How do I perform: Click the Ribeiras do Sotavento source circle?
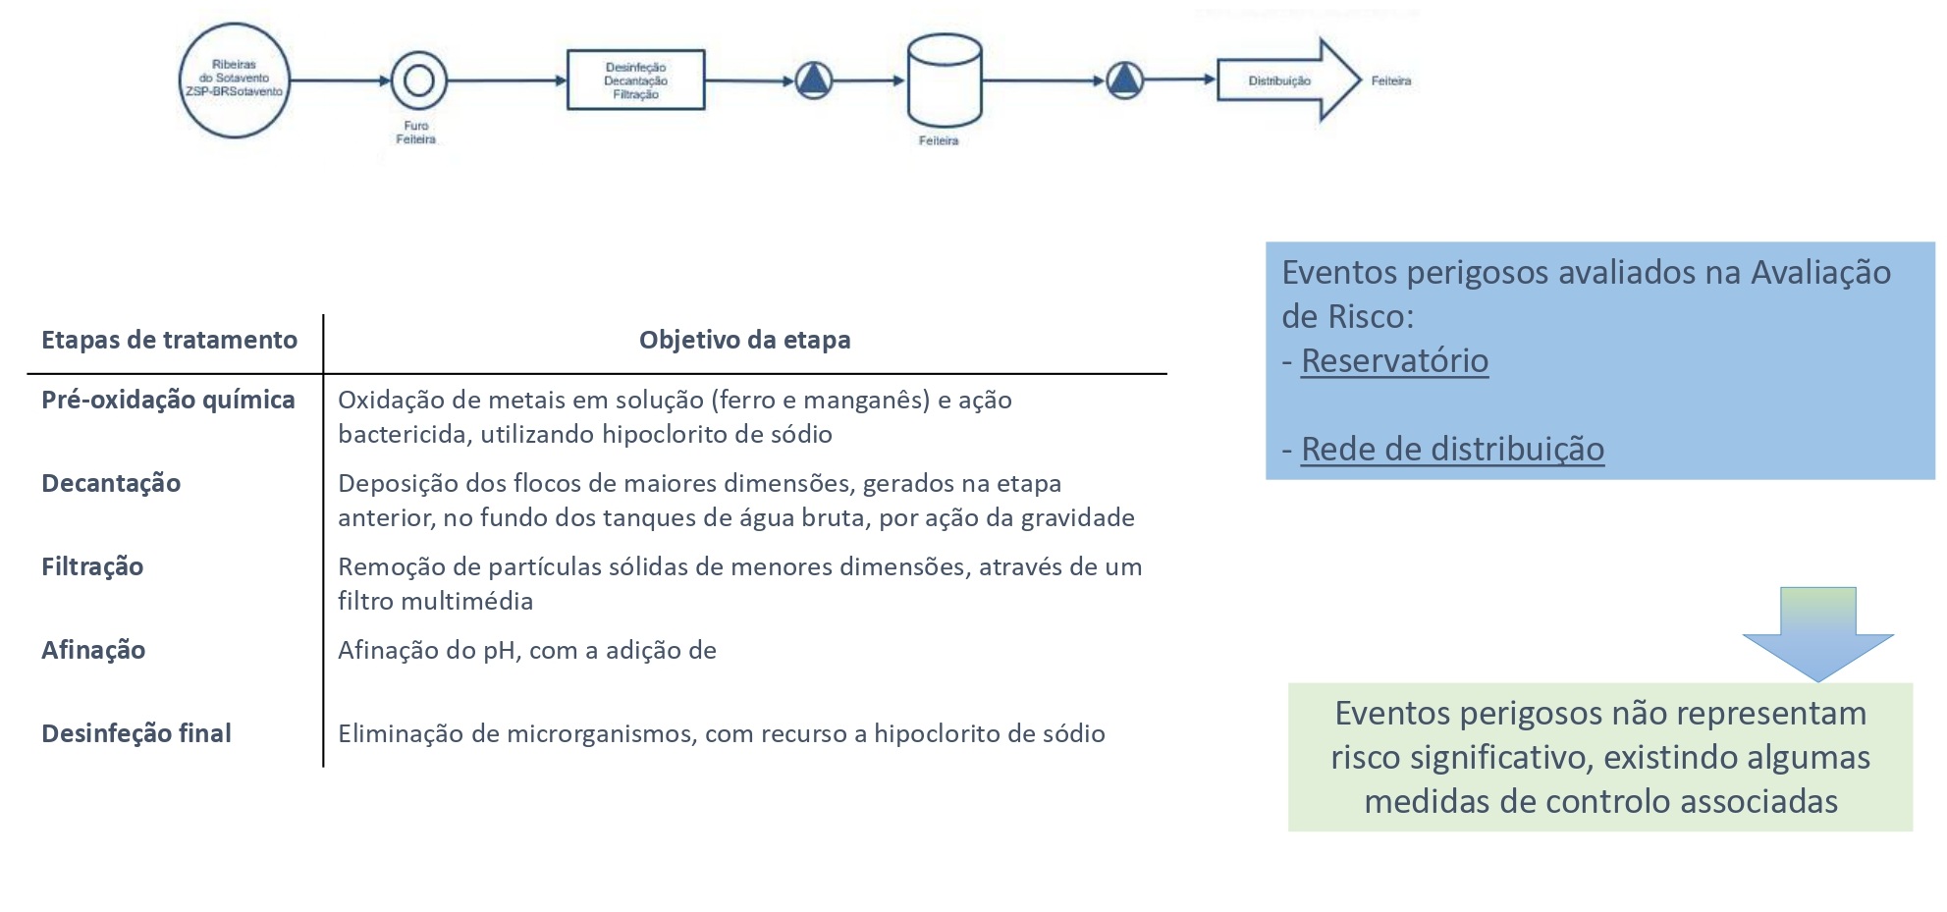tap(234, 80)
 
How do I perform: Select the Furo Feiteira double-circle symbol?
tap(419, 80)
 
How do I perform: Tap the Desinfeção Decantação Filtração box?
tap(635, 80)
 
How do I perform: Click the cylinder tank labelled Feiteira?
tap(944, 80)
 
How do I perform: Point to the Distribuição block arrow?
tap(1287, 80)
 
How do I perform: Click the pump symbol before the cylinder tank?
tap(814, 80)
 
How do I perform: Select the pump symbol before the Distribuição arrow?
tap(1124, 80)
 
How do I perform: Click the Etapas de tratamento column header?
tap(169, 340)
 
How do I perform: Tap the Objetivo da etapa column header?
tap(744, 340)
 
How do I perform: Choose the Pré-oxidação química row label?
tap(168, 400)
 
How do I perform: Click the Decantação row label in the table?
tap(111, 483)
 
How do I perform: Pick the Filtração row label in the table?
tap(92, 566)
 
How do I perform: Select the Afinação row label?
tap(93, 650)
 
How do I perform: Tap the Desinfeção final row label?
tap(136, 733)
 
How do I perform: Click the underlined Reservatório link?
tap(1394, 361)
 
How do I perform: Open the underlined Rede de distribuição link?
tap(1452, 450)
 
